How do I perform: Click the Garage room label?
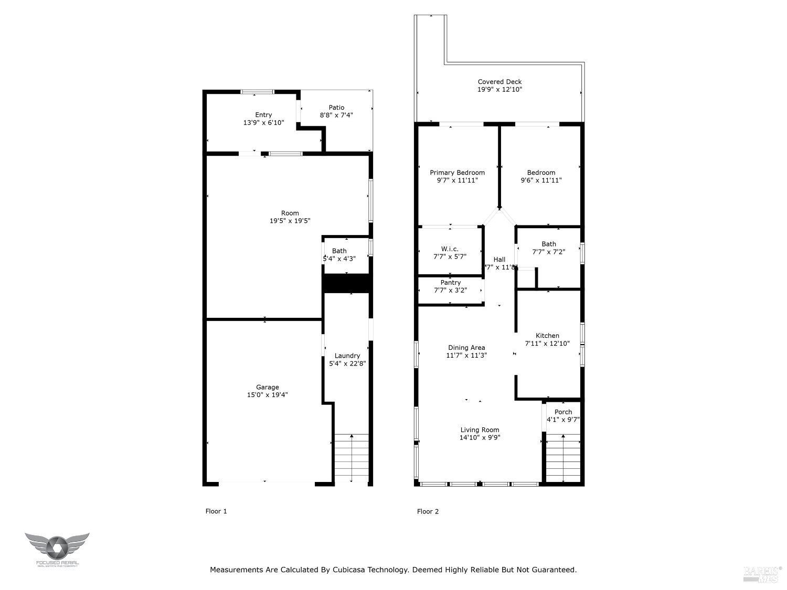click(267, 387)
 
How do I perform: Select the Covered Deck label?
click(499, 82)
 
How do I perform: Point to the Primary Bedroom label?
click(457, 173)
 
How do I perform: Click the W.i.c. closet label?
click(450, 249)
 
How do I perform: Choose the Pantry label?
click(450, 283)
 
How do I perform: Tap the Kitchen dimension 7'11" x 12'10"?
click(547, 344)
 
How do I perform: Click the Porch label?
click(563, 412)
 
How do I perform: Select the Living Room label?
click(480, 430)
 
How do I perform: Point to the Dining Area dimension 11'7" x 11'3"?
click(466, 355)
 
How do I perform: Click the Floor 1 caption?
click(216, 511)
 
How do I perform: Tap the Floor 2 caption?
click(428, 511)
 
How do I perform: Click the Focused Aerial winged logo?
click(57, 548)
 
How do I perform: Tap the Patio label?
click(336, 108)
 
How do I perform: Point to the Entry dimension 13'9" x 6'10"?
click(263, 123)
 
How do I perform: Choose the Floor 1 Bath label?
click(339, 251)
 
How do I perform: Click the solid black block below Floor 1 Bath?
click(347, 283)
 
